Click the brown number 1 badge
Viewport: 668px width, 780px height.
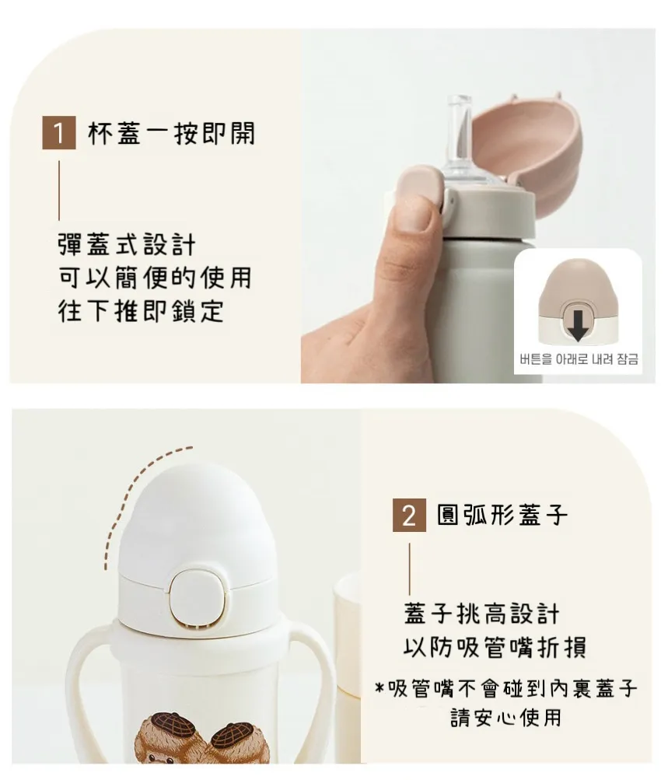(58, 133)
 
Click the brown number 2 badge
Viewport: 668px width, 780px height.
(409, 515)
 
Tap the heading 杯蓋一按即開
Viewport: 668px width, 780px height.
(172, 133)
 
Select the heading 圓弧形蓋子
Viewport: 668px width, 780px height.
(502, 515)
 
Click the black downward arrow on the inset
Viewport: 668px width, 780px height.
(578, 324)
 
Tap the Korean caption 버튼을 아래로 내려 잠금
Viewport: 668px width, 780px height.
(579, 359)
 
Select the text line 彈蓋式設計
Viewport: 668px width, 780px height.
(127, 245)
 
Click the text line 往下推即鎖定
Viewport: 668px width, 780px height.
(141, 310)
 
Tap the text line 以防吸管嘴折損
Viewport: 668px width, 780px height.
(495, 647)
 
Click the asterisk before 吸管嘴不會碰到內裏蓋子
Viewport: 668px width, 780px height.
(379, 688)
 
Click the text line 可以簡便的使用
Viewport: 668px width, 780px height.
(155, 278)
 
